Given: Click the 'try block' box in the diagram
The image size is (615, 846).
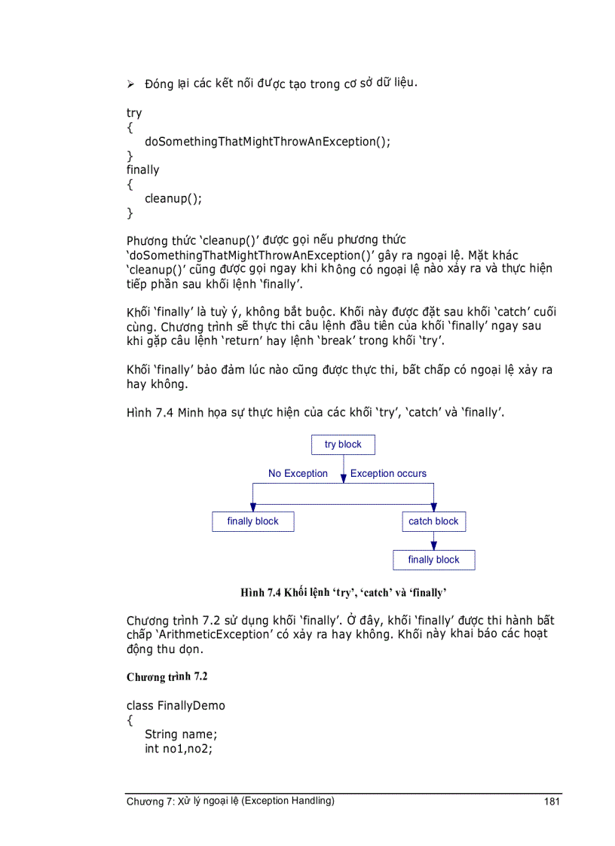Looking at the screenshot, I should (x=343, y=444).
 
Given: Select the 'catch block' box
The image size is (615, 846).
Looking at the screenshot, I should (x=433, y=521).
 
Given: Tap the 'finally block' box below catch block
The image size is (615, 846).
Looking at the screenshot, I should (x=433, y=560).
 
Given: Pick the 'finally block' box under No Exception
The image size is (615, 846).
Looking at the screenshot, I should (x=252, y=521).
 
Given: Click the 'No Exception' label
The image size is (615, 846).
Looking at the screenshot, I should (x=298, y=474).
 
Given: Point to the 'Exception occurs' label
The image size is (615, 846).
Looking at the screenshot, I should (x=388, y=474).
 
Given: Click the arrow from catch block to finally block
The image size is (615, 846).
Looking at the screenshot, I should (x=433, y=541).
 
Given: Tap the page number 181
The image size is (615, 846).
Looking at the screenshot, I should (x=552, y=802).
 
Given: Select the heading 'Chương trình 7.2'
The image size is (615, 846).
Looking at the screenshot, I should (x=167, y=676).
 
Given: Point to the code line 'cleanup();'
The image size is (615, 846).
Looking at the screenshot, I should (x=173, y=199).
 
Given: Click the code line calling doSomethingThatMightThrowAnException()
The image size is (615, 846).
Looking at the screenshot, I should (x=268, y=142).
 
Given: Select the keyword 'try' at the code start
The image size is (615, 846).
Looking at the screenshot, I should (x=134, y=113).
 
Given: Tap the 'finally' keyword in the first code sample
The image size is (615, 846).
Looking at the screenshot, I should (x=142, y=170).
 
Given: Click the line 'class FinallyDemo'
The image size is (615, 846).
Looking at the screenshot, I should (x=176, y=706).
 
